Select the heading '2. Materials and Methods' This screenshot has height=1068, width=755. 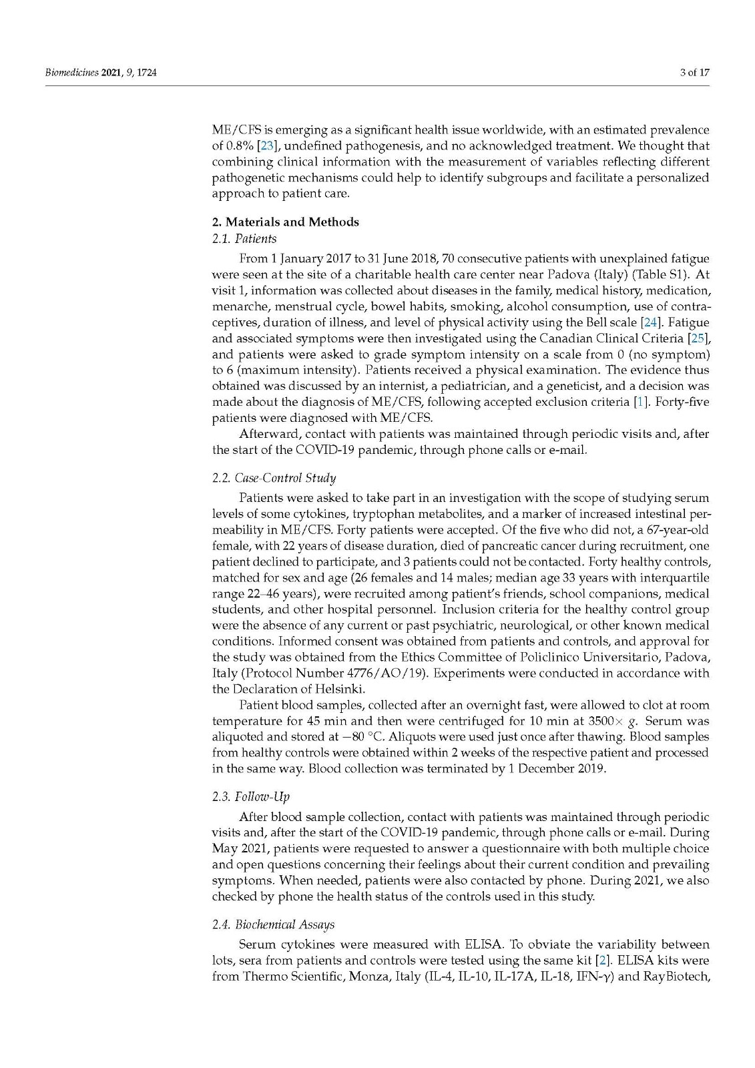(285, 222)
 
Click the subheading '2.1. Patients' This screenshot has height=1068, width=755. (244, 238)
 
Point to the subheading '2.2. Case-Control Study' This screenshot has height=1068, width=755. (274, 478)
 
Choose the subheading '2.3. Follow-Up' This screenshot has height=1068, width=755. (251, 796)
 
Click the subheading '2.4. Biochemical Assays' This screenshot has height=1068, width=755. (273, 924)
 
